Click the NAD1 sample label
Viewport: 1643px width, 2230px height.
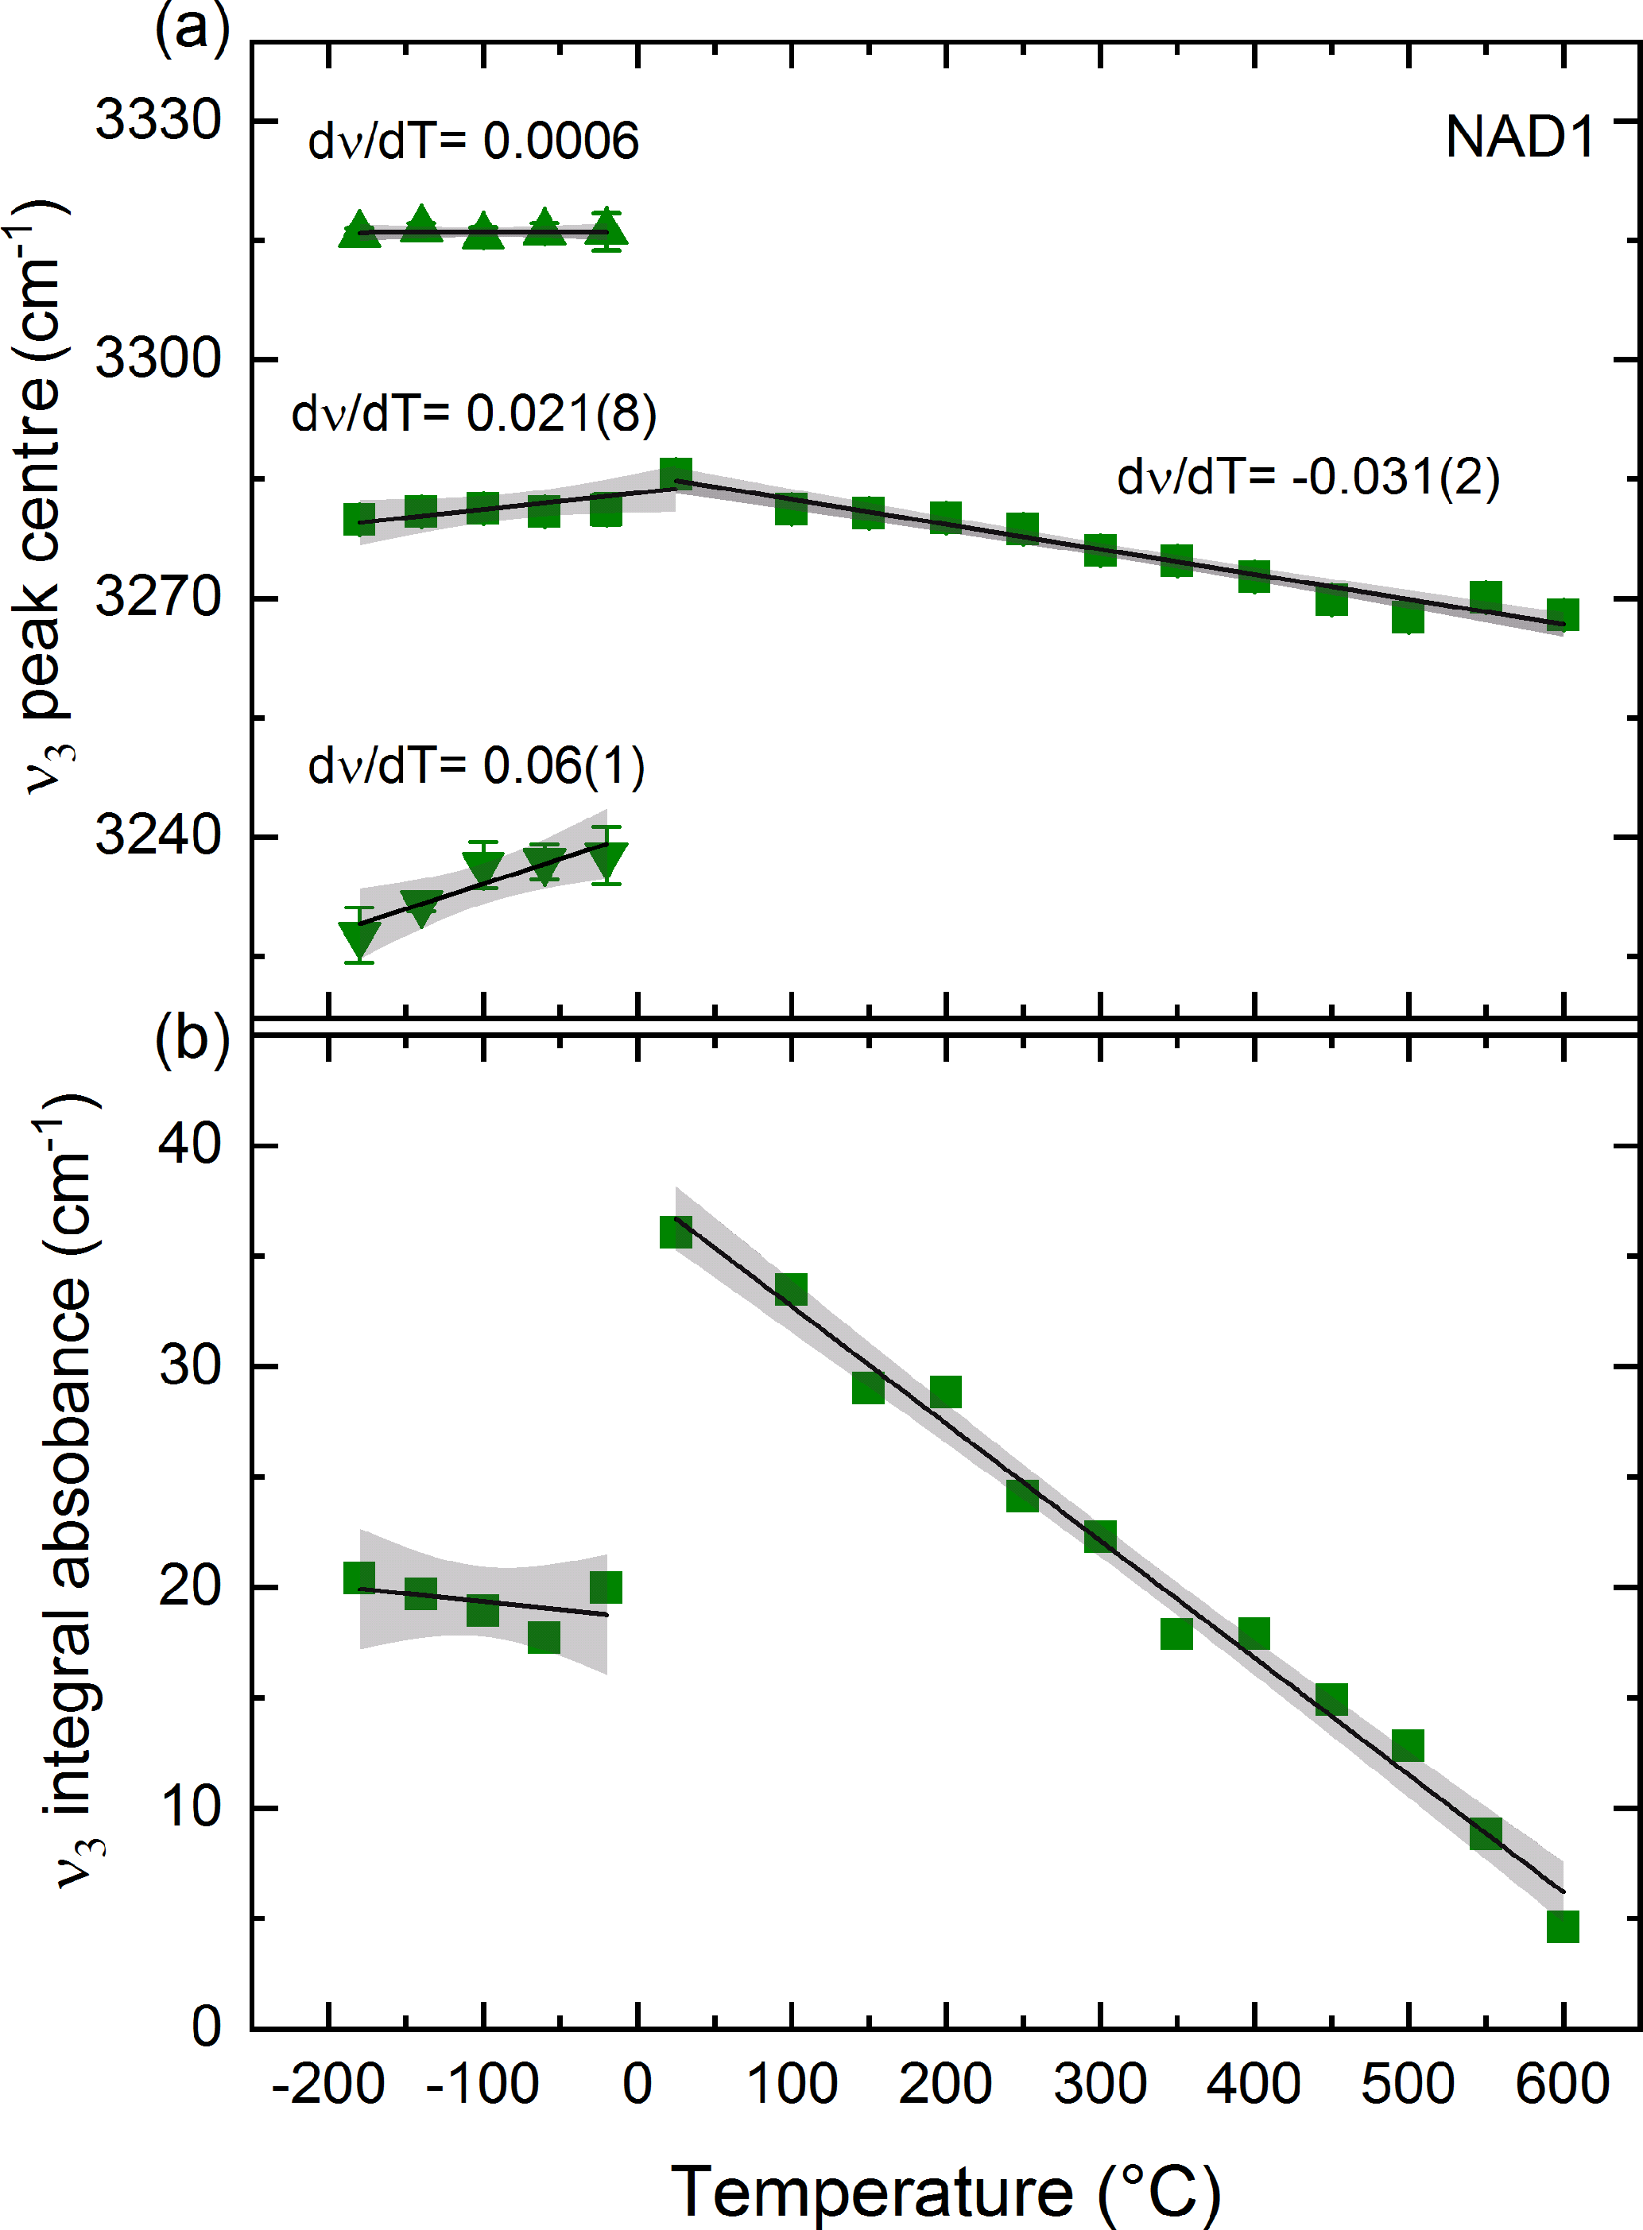point(1519,137)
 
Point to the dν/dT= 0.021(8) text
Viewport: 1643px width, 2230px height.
point(474,412)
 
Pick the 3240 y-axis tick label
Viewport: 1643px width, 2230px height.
point(158,835)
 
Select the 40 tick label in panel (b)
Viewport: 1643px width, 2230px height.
point(189,1144)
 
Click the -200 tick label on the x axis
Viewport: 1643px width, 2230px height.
point(327,2083)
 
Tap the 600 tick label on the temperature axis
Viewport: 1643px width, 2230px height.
point(1563,2083)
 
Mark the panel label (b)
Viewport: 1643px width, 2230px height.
point(192,1037)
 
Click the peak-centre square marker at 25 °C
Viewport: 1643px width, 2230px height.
point(676,474)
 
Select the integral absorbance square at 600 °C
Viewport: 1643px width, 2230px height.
point(1563,1926)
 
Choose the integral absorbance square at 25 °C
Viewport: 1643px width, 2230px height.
point(676,1233)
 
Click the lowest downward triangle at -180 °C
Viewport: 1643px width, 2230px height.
point(359,938)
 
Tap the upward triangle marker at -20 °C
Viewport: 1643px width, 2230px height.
point(606,230)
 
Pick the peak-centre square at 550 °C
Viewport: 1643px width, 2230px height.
point(1486,598)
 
